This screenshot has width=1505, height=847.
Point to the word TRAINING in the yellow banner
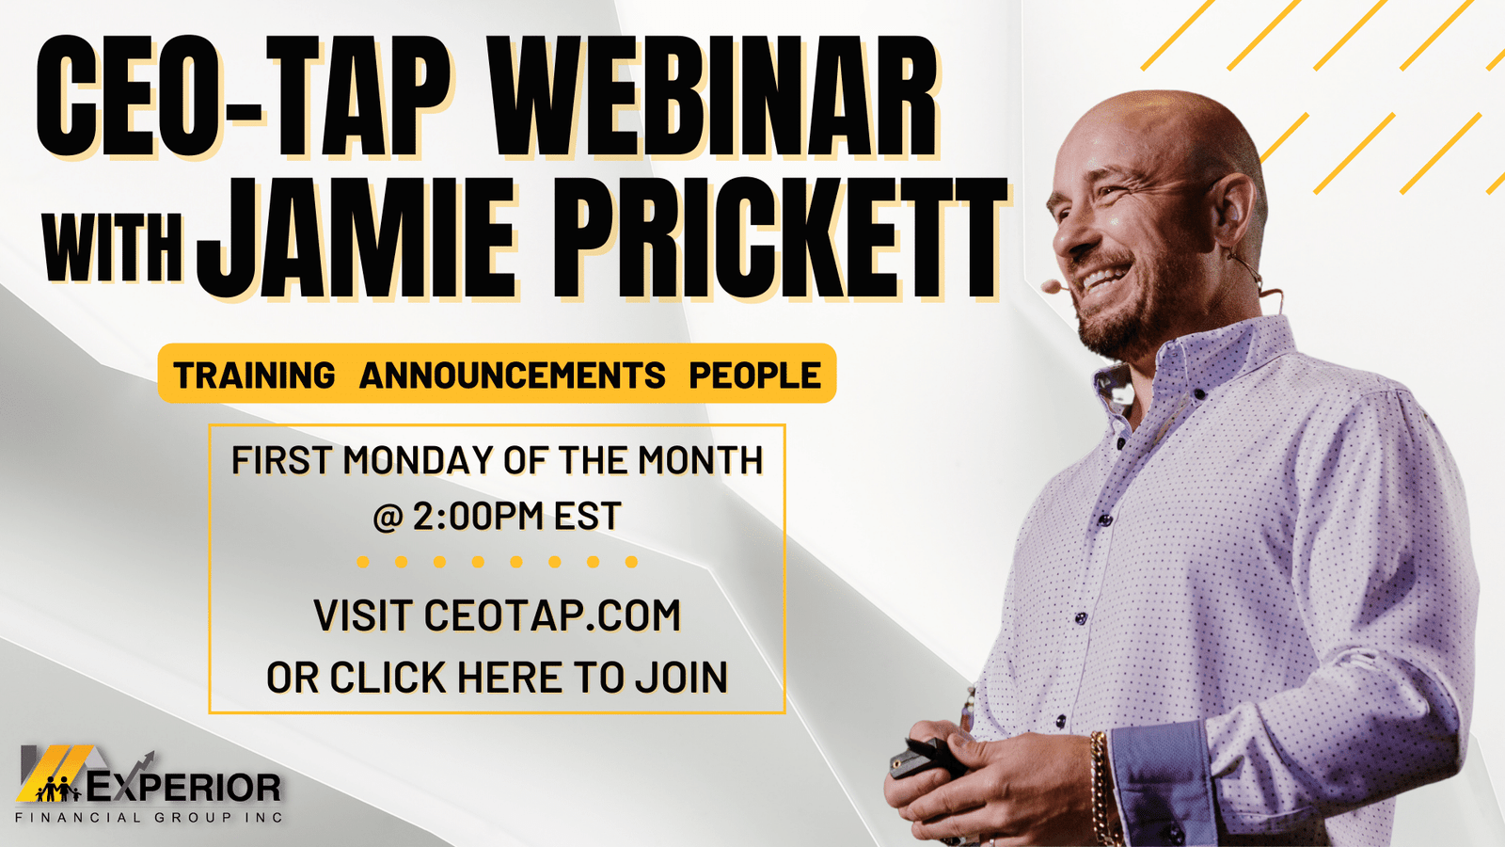(x=254, y=375)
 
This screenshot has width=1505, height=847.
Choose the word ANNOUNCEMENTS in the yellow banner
(x=512, y=375)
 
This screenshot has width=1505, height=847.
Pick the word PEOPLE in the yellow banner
(x=755, y=375)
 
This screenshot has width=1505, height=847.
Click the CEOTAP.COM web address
(x=552, y=615)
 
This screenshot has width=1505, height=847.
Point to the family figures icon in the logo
(x=58, y=790)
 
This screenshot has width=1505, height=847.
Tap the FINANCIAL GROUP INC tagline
(x=149, y=818)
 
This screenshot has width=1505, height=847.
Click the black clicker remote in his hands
(x=928, y=759)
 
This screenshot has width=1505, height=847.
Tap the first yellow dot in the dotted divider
(x=363, y=561)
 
